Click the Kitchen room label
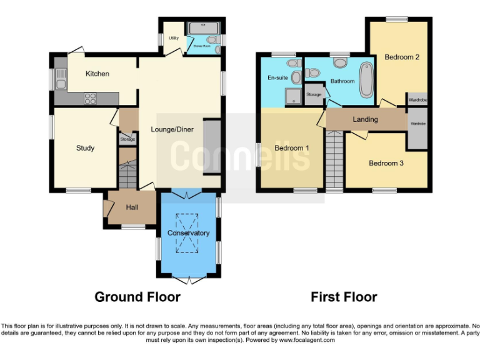click(x=97, y=74)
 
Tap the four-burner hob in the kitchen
click(x=90, y=97)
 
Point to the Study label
click(x=85, y=148)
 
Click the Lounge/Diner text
click(x=172, y=130)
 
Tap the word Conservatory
click(x=188, y=233)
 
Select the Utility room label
click(x=173, y=38)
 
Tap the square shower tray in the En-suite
click(x=291, y=95)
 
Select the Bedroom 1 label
click(x=291, y=148)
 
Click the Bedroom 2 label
click(x=401, y=57)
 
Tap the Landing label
click(x=365, y=119)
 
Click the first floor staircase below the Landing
click(x=334, y=159)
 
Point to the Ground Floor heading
click(x=137, y=297)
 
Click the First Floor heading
click(x=344, y=297)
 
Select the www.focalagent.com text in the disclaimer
click(x=307, y=341)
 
